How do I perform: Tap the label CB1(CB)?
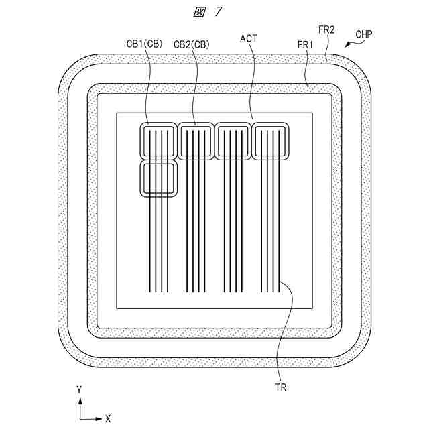click(144, 44)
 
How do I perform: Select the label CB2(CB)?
click(192, 44)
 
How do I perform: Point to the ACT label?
click(249, 40)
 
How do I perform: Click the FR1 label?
click(306, 44)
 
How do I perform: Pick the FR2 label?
click(326, 31)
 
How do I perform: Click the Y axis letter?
click(79, 389)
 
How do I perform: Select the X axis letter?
click(107, 418)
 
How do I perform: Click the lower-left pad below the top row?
click(158, 179)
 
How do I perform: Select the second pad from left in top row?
click(195, 141)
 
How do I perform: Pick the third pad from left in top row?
click(233, 141)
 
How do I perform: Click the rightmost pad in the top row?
click(270, 141)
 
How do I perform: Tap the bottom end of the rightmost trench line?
click(278, 293)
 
